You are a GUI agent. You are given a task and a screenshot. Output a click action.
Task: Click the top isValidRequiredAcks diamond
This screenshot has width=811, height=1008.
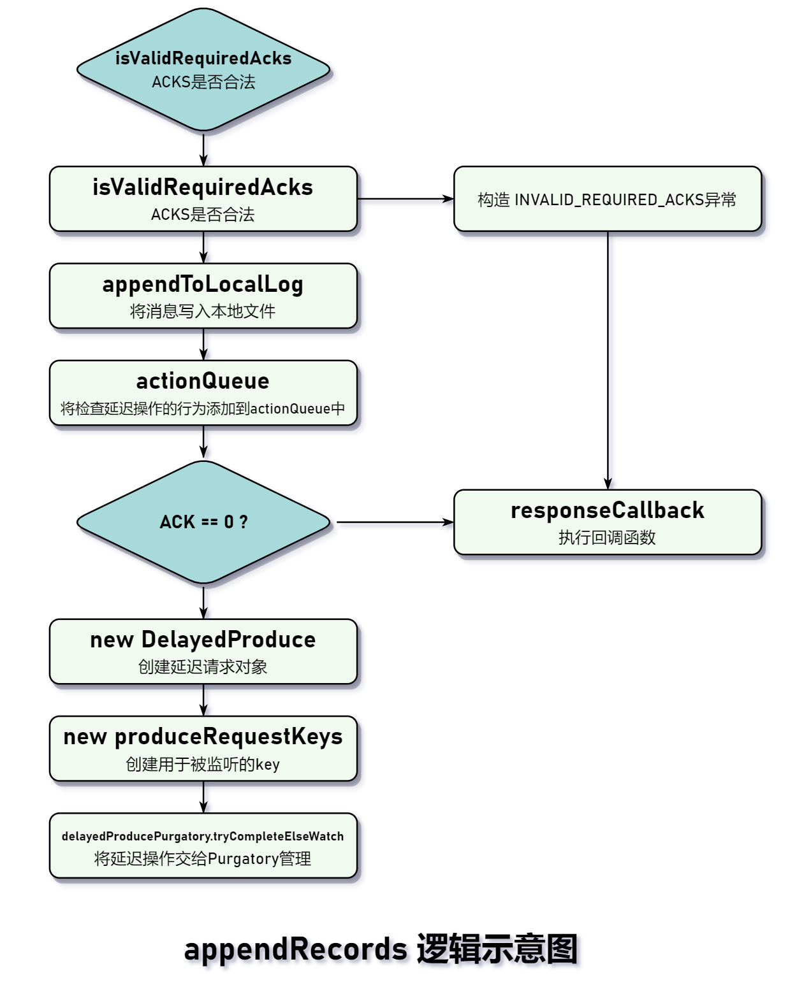pos(203,70)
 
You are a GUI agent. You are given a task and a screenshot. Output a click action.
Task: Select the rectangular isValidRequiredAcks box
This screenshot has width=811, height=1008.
pos(203,199)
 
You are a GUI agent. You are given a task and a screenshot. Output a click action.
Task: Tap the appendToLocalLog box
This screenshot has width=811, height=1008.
pos(203,296)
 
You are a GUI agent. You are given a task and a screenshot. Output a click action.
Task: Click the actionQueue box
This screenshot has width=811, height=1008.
pos(203,392)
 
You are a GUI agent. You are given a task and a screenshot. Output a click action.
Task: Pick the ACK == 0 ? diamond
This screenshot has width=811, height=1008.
pos(203,522)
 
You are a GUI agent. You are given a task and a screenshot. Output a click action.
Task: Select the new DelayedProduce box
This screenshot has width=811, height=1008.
pos(203,651)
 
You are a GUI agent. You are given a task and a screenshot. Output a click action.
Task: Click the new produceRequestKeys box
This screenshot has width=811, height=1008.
pos(203,748)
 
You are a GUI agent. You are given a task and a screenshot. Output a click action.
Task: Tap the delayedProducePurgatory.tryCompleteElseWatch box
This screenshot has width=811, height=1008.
pos(203,846)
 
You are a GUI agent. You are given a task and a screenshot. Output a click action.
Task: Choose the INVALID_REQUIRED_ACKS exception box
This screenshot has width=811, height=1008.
pos(607,199)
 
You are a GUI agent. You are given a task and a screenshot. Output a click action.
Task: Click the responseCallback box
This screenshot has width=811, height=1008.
pos(607,522)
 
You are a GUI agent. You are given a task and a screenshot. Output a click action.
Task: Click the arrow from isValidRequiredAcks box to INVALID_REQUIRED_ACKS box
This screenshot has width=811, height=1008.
pos(405,199)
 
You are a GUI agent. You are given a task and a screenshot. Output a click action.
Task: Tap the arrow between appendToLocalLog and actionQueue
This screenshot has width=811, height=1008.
pos(203,344)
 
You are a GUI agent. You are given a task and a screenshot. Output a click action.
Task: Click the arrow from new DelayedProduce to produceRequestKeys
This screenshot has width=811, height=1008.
pos(203,700)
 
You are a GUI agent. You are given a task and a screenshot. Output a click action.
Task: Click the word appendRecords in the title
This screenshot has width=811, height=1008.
pos(295,949)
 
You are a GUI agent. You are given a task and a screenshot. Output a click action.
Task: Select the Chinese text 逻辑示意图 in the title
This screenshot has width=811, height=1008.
pos(497,949)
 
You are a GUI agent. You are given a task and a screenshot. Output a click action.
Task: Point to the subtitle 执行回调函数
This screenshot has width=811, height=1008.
pos(607,538)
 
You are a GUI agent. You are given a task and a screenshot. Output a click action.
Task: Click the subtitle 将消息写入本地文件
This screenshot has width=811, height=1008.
pos(203,312)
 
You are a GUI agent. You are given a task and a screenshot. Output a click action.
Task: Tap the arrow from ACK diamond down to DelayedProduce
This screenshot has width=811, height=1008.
pos(203,601)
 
